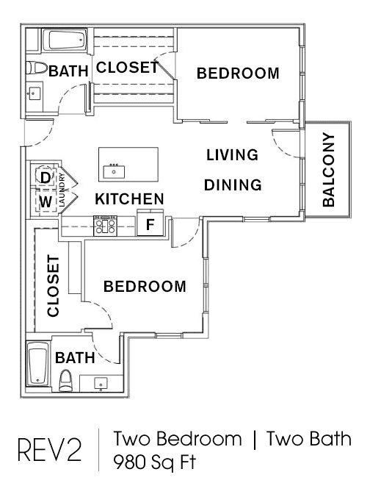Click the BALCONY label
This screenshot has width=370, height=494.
[x=329, y=170]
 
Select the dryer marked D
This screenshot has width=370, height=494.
[x=46, y=177]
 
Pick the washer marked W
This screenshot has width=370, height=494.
[x=46, y=201]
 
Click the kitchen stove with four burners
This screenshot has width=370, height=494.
[x=105, y=226]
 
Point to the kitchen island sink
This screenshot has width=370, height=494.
[x=114, y=171]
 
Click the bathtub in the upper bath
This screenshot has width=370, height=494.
[x=64, y=40]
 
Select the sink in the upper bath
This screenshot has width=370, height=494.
[x=34, y=93]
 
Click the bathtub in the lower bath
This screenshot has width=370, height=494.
[x=37, y=363]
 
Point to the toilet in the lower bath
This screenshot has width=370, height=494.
[x=66, y=380]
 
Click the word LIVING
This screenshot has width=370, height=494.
[x=232, y=155]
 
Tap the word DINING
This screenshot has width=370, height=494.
[x=233, y=185]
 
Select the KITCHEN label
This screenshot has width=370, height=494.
[x=130, y=199]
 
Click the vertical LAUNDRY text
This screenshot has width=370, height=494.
[x=62, y=190]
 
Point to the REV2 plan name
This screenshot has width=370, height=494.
[x=50, y=451]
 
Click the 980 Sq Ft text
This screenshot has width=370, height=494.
[x=154, y=462]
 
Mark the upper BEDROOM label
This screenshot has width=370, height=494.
[x=238, y=74]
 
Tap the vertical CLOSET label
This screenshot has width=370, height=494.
[x=53, y=286]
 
